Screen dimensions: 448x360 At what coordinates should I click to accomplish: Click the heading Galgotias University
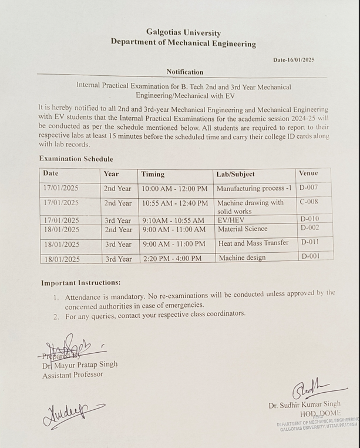184,33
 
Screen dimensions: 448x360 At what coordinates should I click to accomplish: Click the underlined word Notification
184,72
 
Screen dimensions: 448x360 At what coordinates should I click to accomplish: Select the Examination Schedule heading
76,159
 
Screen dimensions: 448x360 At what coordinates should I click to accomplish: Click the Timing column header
153,174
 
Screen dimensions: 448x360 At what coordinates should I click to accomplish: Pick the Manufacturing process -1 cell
254,189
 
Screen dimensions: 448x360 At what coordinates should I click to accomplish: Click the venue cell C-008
309,202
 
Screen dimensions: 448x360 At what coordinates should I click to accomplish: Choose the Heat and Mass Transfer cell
253,243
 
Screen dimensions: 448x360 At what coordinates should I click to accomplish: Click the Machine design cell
242,258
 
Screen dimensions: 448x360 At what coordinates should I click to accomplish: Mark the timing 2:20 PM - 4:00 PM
171,258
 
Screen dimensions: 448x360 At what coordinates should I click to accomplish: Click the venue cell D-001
310,256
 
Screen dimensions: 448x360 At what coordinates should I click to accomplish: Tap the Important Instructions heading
80,283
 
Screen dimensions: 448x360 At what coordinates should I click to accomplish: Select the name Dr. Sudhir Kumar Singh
304,406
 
